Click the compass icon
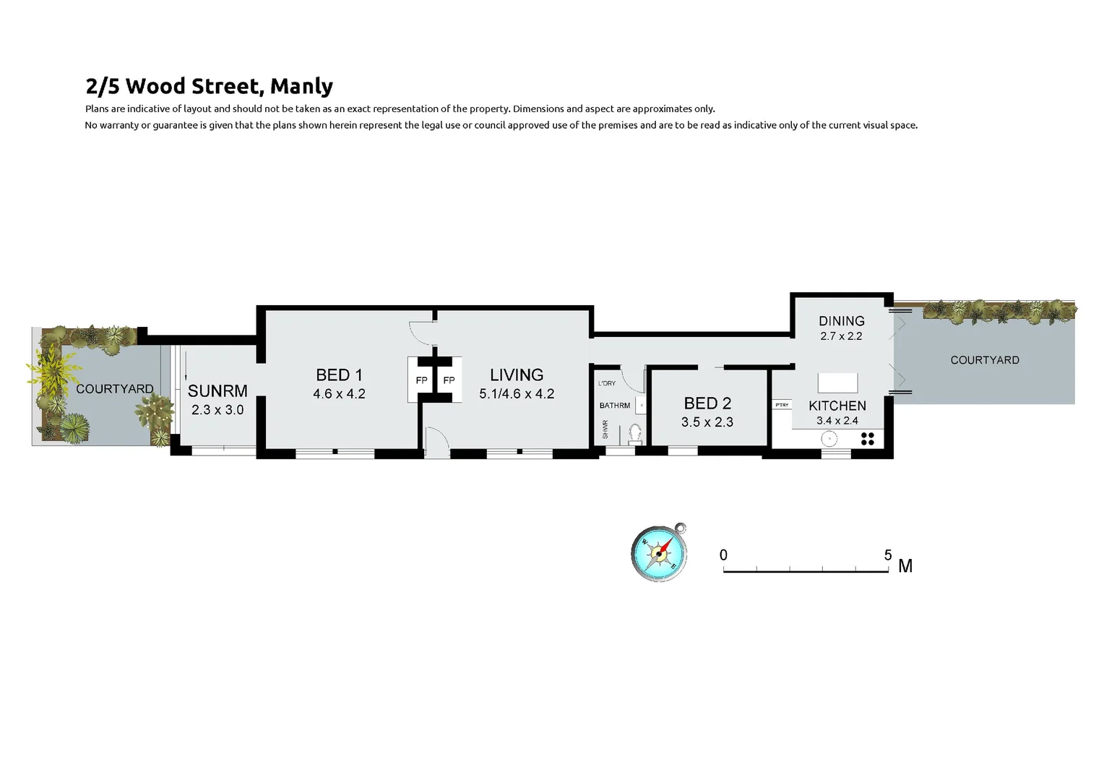pos(658,554)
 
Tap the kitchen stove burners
pos(868,438)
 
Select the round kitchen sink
pos(829,438)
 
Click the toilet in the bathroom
pos(635,433)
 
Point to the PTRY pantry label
pos(782,405)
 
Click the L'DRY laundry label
pos(607,383)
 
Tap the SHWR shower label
pos(605,430)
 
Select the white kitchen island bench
pos(837,383)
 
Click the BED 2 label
pos(707,404)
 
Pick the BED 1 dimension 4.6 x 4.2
pos(339,394)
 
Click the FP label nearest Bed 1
pos(421,380)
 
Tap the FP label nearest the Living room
pos(449,380)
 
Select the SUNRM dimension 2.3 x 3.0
pos(217,410)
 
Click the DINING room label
pos(841,321)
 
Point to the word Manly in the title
pos(301,86)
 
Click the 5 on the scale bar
pos(888,555)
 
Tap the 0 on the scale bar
pos(723,555)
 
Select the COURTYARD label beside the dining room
pos(984,360)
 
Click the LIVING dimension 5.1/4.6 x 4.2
pos(517,394)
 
